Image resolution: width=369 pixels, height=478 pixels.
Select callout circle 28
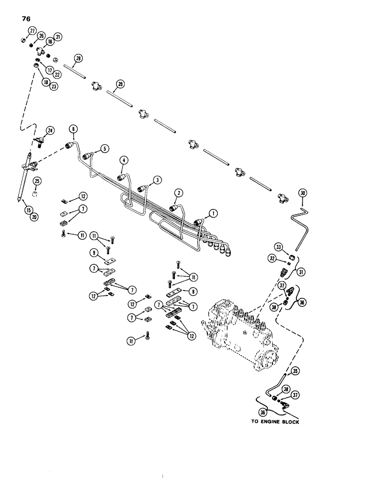point(78,59)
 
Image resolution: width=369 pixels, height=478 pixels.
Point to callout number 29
point(120,85)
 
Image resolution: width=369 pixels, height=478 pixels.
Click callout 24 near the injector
point(50,131)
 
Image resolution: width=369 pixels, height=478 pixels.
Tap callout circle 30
point(302,194)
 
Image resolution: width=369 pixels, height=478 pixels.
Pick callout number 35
point(295,371)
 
